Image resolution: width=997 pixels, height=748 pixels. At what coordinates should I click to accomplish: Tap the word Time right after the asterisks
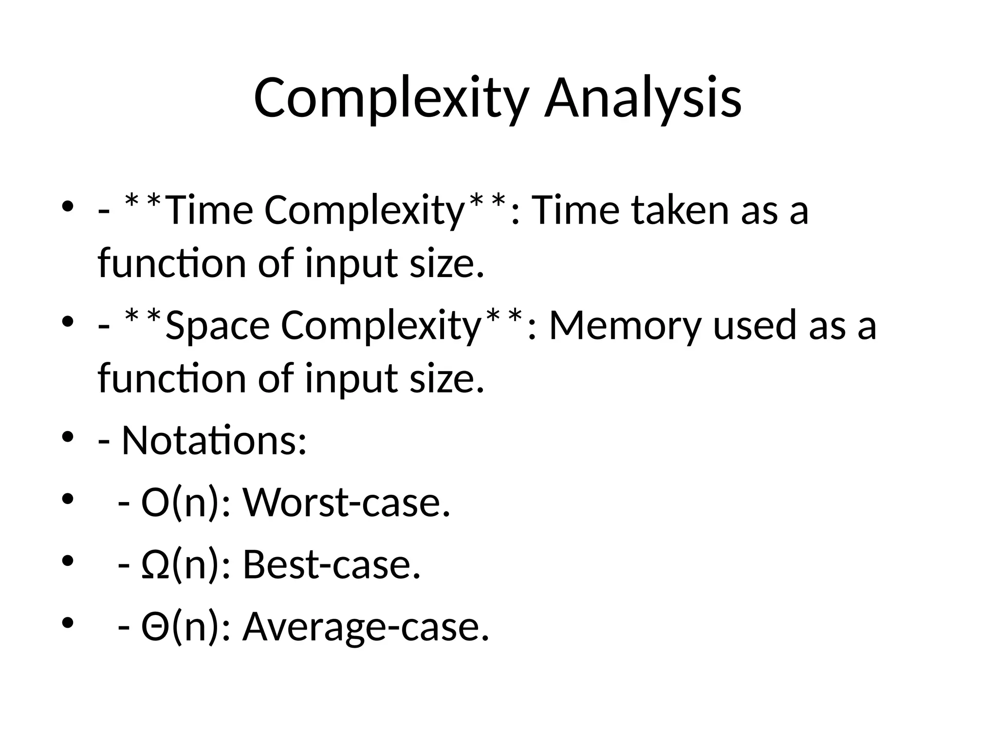pos(209,210)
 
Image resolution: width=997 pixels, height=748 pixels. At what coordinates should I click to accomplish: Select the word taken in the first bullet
pos(681,210)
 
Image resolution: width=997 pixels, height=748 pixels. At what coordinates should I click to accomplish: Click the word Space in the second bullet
pos(218,325)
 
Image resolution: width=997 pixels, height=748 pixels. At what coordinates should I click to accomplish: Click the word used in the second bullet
pos(755,325)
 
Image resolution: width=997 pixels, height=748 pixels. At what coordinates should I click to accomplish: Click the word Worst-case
pos(346,503)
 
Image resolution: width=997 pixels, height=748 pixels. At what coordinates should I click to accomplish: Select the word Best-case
pos(331,565)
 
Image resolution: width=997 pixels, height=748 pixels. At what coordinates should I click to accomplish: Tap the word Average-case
pos(365,627)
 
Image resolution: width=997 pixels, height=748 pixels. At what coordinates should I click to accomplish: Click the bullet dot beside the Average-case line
pos(68,622)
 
